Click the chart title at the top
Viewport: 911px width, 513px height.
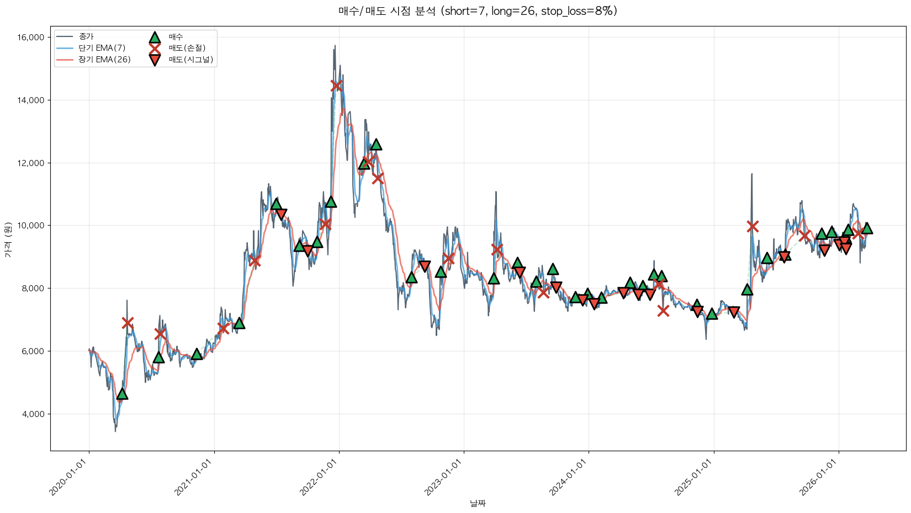point(478,11)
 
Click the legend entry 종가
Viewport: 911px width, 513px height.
point(86,36)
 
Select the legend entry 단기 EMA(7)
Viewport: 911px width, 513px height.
point(102,48)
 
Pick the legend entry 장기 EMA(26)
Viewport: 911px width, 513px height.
point(104,60)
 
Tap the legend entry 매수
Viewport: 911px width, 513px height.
point(176,37)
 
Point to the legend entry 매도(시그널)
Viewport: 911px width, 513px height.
point(190,60)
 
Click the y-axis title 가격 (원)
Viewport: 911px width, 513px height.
point(8,239)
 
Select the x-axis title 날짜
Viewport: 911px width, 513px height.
point(478,503)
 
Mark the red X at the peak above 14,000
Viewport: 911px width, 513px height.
point(336,85)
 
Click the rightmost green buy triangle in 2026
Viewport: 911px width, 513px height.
point(867,228)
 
